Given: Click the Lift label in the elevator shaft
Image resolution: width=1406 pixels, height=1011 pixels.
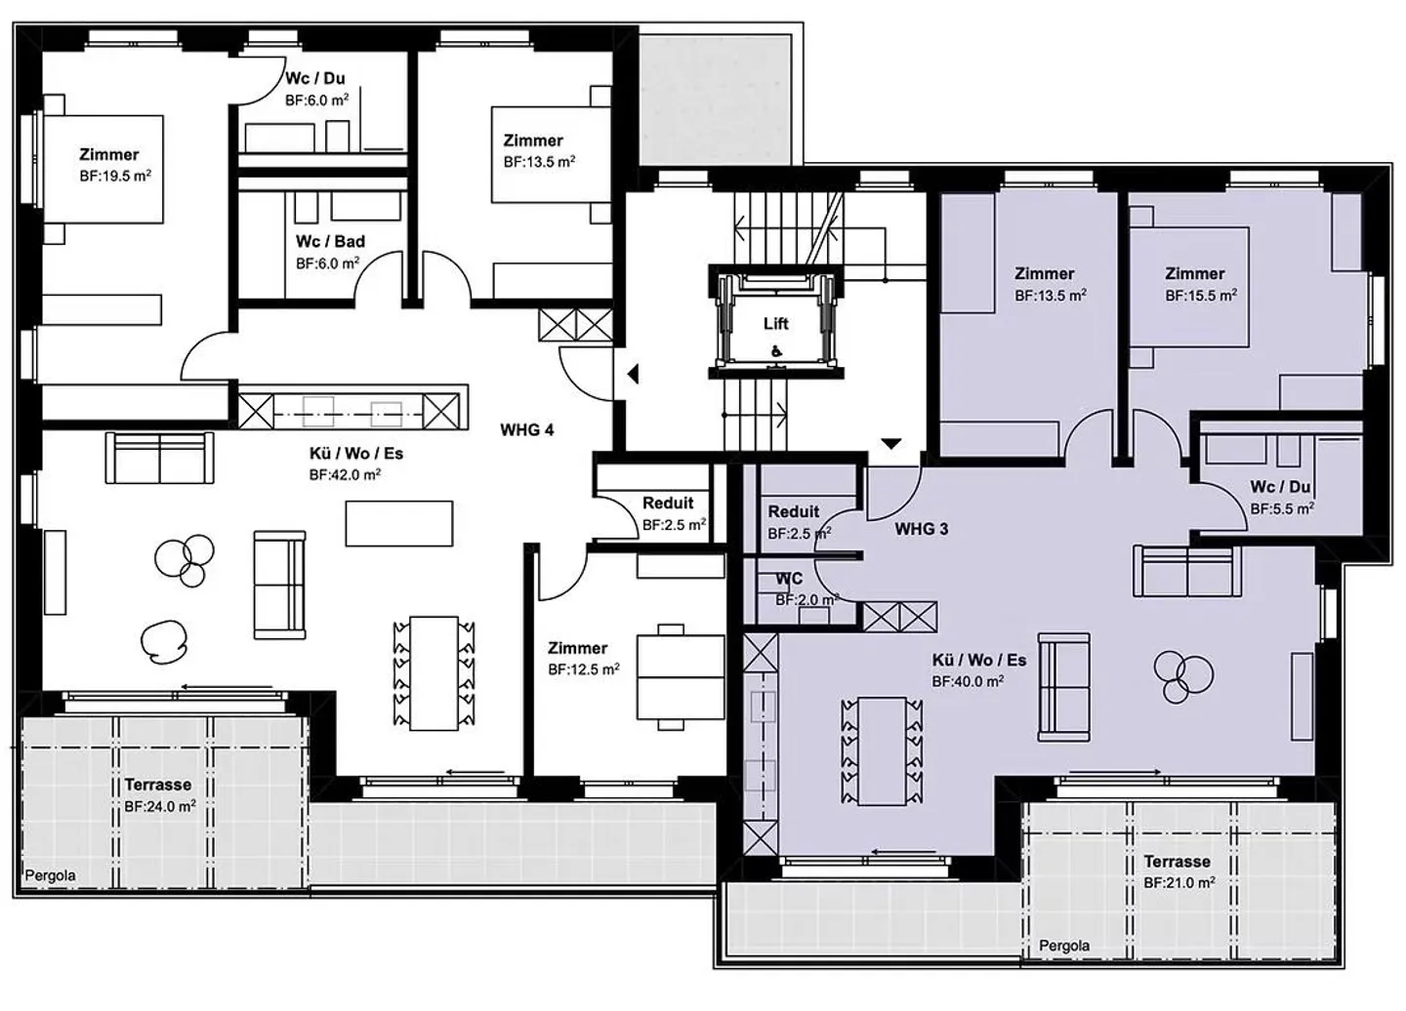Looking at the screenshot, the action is (776, 324).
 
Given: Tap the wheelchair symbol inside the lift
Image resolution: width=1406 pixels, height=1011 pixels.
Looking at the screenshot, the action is (776, 352).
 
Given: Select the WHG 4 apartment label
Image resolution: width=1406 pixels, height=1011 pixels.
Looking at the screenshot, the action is (527, 430).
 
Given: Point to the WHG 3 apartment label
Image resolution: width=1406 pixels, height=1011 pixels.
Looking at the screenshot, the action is (922, 529).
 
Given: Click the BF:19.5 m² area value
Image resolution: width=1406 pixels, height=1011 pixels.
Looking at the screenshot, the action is (115, 177).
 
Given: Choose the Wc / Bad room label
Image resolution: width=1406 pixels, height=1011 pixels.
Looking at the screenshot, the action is (330, 241).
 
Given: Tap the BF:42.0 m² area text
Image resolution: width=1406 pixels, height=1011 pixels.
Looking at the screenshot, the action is (346, 475).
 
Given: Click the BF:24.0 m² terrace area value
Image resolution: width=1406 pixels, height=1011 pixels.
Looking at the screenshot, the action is (160, 806).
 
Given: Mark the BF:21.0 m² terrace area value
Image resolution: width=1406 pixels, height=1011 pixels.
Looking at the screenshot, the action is (1179, 883).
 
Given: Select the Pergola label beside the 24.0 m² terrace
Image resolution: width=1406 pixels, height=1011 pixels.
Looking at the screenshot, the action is (50, 875).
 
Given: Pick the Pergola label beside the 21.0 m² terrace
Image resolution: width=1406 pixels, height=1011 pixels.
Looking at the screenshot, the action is (1064, 946).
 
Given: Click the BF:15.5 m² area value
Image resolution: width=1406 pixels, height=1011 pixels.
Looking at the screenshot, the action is (1201, 296).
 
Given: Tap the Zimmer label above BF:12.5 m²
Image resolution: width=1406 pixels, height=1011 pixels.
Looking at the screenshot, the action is (577, 648).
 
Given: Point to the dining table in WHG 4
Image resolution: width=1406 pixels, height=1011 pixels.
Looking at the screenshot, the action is (434, 673).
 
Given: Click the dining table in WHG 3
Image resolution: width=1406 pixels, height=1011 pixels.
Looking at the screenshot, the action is (882, 750).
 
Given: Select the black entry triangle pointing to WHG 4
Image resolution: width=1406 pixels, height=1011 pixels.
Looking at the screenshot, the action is (633, 375).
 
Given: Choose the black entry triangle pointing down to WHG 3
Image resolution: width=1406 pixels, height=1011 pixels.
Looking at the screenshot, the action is (891, 443).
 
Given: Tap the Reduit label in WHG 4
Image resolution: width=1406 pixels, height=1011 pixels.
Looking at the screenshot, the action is (668, 503).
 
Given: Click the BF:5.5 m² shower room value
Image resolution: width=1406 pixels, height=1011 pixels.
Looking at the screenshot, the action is (1282, 508).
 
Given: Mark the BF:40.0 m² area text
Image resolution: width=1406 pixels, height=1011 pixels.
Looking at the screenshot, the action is (968, 681).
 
